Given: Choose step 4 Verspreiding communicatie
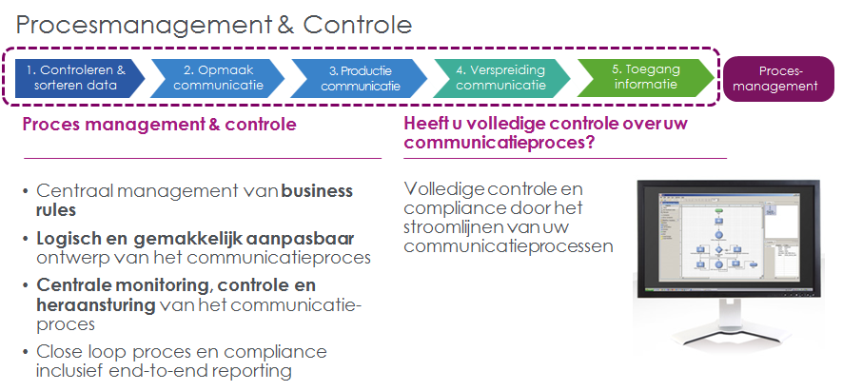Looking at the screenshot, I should tap(500, 77).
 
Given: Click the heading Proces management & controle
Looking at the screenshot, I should tap(159, 125).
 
